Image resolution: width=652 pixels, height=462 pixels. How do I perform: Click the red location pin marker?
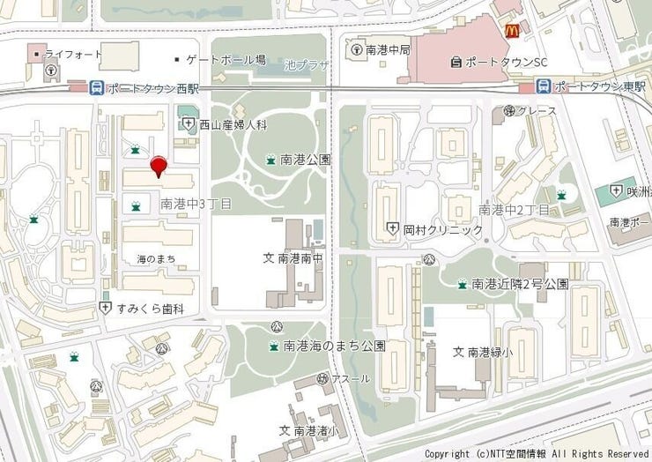[159, 165]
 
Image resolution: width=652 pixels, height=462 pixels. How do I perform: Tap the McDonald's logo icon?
[512, 30]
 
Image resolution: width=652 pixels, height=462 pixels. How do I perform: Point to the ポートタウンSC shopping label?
[506, 62]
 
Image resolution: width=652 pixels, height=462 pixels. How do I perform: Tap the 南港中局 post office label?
[388, 49]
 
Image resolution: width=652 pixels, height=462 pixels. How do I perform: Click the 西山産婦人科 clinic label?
[233, 124]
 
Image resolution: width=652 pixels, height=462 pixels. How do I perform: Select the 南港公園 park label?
[305, 160]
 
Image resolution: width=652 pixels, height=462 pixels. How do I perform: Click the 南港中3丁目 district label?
[196, 204]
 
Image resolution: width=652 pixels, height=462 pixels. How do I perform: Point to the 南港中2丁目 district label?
[514, 209]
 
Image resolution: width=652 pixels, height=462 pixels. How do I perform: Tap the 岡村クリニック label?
[443, 229]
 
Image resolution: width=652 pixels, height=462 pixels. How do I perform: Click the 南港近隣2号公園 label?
[520, 284]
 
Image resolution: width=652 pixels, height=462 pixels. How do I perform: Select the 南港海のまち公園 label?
[334, 346]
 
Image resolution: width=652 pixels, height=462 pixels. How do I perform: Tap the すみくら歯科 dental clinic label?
[152, 309]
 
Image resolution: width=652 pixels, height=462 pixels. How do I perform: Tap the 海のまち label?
[156, 259]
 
